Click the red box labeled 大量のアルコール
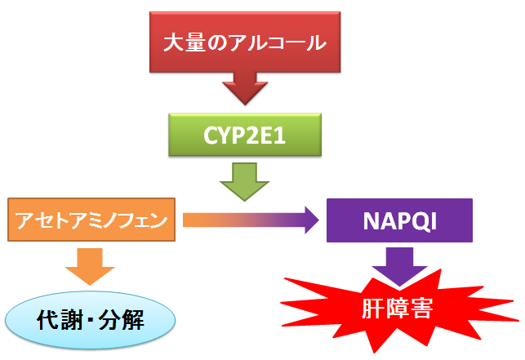click(245, 42)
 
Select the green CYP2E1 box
click(245, 135)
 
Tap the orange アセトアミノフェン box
click(91, 220)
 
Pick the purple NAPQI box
click(399, 220)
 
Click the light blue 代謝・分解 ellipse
click(90, 320)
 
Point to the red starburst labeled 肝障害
click(398, 309)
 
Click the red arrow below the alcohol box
click(245, 88)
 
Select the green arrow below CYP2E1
click(244, 182)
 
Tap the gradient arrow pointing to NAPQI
click(251, 220)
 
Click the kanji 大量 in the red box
click(185, 42)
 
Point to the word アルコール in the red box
click(278, 43)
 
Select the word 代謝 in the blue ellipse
click(60, 320)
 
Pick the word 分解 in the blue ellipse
click(122, 320)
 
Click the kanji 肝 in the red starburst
click(372, 309)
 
